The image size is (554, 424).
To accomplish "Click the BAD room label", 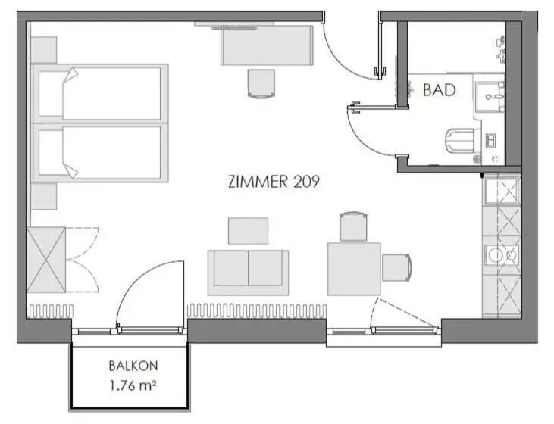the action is [439, 90].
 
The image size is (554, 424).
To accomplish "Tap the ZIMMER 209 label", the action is [274, 182].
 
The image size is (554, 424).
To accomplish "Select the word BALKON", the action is [133, 366].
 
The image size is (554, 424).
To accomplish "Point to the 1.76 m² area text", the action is [133, 385].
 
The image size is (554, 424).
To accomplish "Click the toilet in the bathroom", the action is [460, 141].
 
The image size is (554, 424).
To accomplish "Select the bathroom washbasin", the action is [490, 97].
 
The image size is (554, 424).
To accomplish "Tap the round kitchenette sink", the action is [495, 255].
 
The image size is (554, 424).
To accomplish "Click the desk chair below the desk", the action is [261, 84].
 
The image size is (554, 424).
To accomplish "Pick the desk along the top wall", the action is [267, 45].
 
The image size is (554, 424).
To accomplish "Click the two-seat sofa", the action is [248, 273].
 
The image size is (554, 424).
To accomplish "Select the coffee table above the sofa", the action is [248, 231].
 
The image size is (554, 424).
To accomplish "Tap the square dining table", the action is [354, 269].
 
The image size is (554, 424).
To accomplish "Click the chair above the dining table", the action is [354, 226].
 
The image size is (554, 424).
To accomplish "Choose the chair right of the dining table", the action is [397, 267].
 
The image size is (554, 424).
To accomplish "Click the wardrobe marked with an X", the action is [46, 260].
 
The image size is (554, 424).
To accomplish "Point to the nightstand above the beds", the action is [44, 50].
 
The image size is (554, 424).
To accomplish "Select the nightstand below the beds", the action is [44, 196].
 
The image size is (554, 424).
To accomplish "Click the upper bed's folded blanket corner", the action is [70, 76].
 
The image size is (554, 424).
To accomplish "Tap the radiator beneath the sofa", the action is [257, 310].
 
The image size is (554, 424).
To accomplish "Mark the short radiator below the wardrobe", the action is [50, 310].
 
